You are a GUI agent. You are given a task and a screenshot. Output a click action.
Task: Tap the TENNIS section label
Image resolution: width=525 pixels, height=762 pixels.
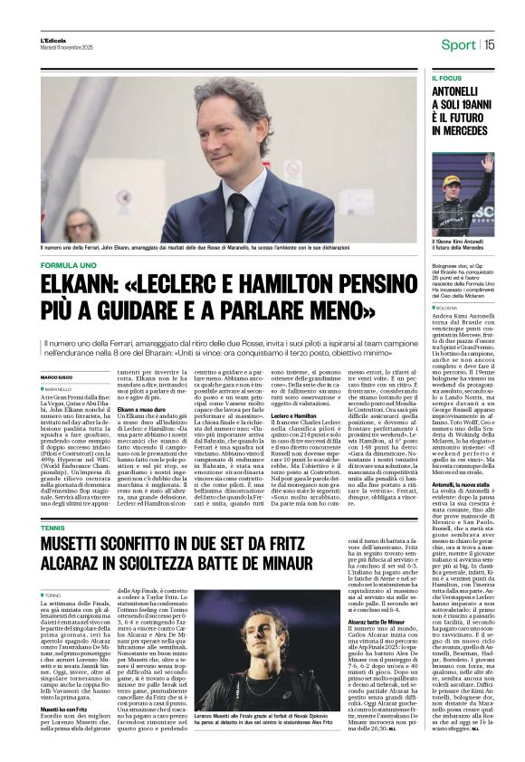(x=52, y=500)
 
